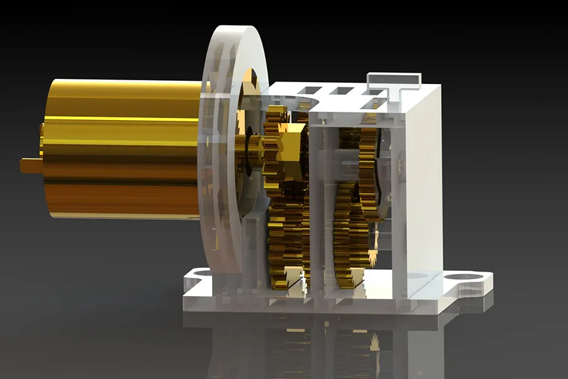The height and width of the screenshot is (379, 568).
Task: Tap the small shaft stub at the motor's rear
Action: (30, 165)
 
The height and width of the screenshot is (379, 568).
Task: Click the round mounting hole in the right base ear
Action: (466, 278)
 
